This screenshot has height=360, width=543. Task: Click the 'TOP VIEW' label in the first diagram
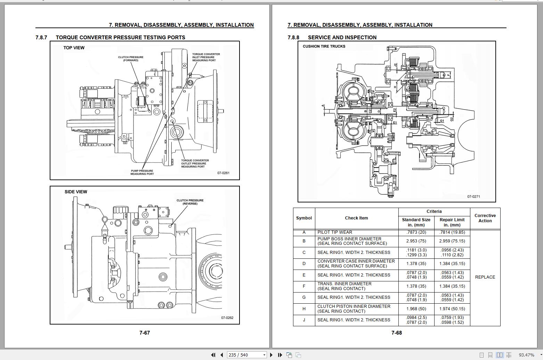(x=74, y=48)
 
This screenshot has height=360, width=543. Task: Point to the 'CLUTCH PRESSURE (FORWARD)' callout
(x=131, y=59)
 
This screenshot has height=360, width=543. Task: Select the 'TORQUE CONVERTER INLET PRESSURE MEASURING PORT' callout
(x=206, y=57)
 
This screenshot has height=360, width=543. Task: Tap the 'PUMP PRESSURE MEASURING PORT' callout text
(x=142, y=173)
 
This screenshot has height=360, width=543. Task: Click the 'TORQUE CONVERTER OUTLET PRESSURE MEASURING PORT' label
(x=195, y=163)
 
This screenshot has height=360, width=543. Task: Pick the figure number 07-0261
(x=223, y=173)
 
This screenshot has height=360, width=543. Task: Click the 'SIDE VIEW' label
(x=76, y=192)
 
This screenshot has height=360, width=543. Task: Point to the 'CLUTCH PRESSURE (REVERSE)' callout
(x=190, y=202)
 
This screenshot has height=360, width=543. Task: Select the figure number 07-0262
(x=227, y=318)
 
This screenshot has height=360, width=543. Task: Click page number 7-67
(x=145, y=333)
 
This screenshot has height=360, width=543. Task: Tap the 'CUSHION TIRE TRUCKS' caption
(x=324, y=46)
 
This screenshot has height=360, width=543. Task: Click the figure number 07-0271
(x=473, y=197)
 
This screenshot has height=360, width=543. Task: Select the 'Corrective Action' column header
(x=485, y=218)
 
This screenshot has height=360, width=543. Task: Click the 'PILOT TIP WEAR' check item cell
(x=335, y=232)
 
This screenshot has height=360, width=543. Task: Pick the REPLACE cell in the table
(x=485, y=277)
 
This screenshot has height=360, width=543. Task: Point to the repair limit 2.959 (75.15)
(x=452, y=241)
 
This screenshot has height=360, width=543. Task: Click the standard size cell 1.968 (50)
(x=416, y=309)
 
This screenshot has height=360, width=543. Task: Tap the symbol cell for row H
(x=304, y=309)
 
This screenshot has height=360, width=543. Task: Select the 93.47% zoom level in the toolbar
(x=526, y=355)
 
